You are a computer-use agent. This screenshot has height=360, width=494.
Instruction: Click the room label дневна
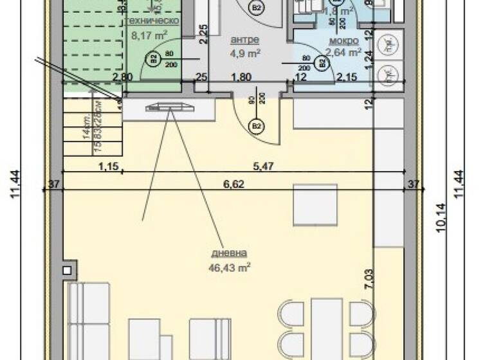[232, 253]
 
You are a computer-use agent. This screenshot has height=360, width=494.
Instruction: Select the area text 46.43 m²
[232, 265]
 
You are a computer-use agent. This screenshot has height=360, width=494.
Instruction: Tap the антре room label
[244, 39]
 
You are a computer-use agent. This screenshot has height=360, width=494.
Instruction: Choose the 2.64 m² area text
[343, 53]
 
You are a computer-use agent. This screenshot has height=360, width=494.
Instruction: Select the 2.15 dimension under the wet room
[347, 78]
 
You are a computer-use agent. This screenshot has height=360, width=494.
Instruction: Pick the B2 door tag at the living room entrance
[256, 125]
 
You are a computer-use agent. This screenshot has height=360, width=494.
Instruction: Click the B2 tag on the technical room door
[154, 59]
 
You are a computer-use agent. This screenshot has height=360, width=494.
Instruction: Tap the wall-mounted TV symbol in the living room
[169, 107]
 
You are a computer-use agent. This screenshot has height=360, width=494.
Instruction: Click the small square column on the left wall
[68, 268]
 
